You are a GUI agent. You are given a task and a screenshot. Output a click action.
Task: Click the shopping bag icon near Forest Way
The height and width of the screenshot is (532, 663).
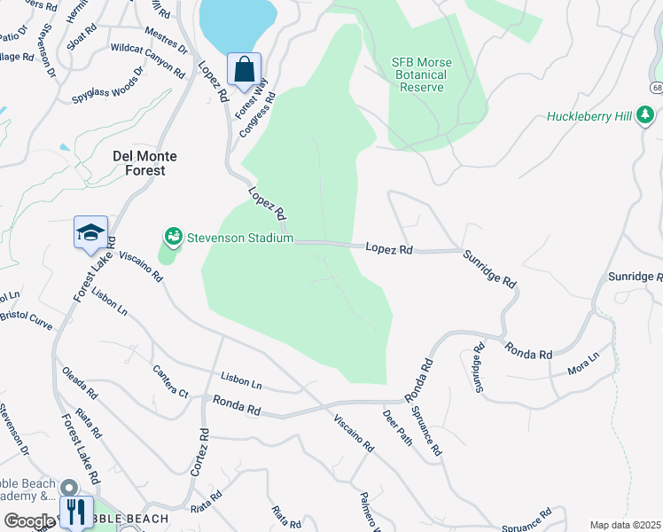click(x=244, y=68)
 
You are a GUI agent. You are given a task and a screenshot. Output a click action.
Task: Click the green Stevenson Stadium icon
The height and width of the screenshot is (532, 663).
click(x=173, y=238)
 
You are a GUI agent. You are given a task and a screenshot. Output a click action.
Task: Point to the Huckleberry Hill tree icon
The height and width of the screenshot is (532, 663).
click(x=646, y=115)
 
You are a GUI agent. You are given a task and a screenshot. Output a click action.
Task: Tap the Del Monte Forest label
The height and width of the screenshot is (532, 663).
click(x=144, y=162)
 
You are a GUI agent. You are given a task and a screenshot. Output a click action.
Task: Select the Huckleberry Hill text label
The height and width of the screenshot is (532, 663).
click(x=589, y=116)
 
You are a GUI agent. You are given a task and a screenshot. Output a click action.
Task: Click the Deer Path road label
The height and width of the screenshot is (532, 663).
click(x=398, y=426)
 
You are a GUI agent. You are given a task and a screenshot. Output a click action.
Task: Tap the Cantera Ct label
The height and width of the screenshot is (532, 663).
click(x=170, y=381)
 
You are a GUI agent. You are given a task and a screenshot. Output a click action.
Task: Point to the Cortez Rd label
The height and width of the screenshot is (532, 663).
click(x=203, y=450)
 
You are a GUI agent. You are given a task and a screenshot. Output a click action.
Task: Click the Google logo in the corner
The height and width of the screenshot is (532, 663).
click(x=28, y=521)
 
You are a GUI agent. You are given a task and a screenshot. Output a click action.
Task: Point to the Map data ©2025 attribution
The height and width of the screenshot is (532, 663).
click(x=625, y=525)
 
